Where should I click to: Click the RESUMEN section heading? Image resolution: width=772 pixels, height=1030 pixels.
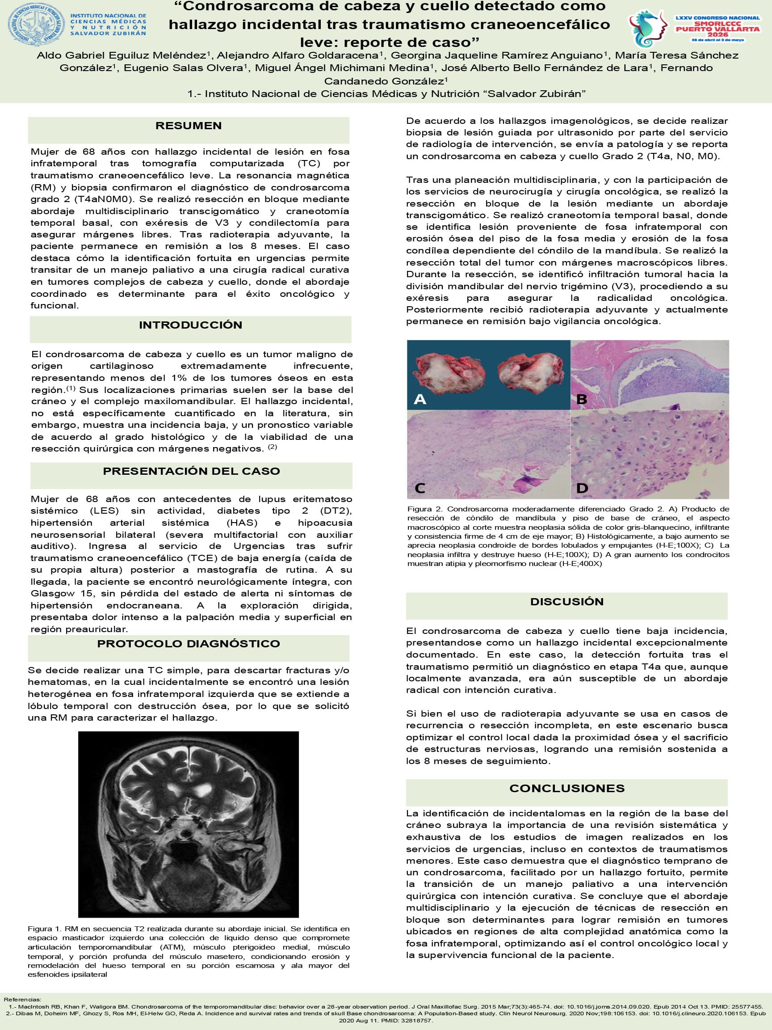(189, 126)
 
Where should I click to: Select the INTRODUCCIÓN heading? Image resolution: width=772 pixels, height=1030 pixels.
(190, 325)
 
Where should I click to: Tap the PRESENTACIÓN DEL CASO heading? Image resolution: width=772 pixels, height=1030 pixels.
(191, 471)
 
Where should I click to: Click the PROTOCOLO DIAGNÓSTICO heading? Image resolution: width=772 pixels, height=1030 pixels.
(189, 644)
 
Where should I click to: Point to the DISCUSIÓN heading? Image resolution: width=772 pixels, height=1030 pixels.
(567, 602)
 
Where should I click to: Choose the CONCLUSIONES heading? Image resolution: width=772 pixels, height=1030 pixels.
(567, 788)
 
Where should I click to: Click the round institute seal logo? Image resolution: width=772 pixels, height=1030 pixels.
(36, 24)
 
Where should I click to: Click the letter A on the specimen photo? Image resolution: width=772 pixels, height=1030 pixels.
(420, 399)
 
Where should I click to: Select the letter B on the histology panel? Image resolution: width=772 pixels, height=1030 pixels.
(582, 399)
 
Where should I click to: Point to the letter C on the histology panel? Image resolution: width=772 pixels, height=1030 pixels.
(420, 488)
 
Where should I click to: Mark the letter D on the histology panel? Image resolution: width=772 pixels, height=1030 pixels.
(582, 488)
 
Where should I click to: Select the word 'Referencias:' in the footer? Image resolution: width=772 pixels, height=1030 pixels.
(22, 999)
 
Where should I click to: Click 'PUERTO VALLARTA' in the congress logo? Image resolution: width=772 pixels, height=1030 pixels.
(717, 29)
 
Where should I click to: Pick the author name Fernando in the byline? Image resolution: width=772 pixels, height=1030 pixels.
(686, 68)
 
